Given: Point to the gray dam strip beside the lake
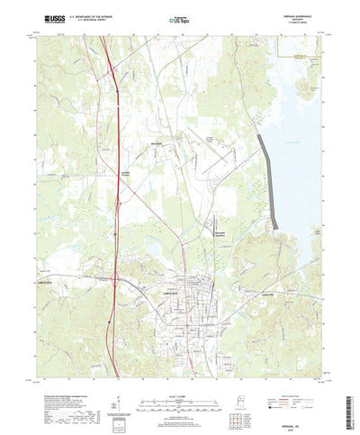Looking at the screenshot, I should pos(268,176).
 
